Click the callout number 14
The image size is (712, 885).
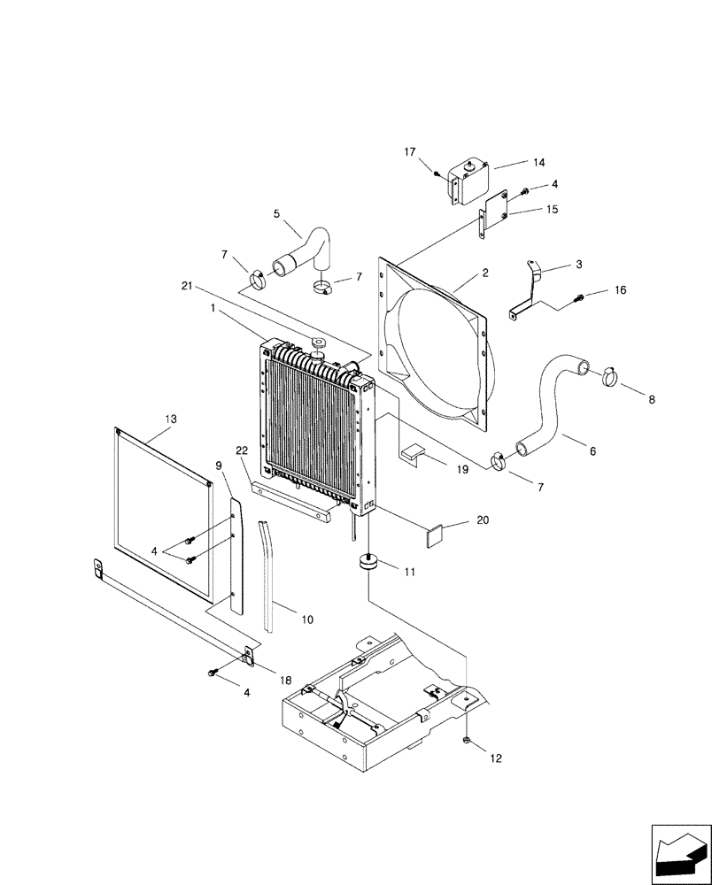click(538, 162)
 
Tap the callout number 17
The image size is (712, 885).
click(410, 152)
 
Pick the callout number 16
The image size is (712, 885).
click(620, 290)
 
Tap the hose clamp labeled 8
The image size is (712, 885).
click(609, 378)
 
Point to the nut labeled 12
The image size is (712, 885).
click(466, 741)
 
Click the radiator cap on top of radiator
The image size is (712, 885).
click(316, 342)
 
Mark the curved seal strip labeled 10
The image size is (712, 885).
click(268, 575)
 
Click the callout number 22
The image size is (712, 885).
click(241, 450)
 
